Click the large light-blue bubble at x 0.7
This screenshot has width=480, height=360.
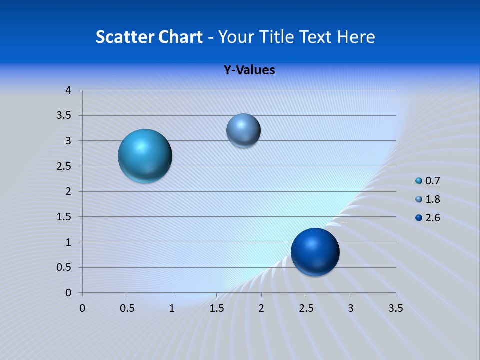pos(145,156)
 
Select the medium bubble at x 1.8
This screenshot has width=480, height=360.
pos(243,130)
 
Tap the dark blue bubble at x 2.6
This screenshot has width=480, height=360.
pos(315,252)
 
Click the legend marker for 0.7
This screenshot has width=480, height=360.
pos(419,181)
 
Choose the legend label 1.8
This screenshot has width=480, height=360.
pos(432,199)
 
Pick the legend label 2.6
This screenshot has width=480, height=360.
pos(432,218)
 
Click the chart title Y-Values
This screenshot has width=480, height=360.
pos(249,70)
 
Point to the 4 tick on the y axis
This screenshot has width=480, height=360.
pos(68,90)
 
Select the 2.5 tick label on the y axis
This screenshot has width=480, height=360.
pos(64,166)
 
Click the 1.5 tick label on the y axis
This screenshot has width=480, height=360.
pos(64,217)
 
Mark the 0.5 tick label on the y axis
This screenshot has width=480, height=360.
pos(64,267)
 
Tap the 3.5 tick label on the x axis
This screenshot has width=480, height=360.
pos(395,308)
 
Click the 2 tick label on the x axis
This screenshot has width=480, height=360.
pos(261,308)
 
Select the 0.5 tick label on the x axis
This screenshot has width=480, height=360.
pos(127,308)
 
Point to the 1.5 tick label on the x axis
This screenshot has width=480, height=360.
pos(216,308)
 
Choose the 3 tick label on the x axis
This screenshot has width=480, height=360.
pos(351,308)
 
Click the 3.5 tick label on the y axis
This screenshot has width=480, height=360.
pos(64,116)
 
